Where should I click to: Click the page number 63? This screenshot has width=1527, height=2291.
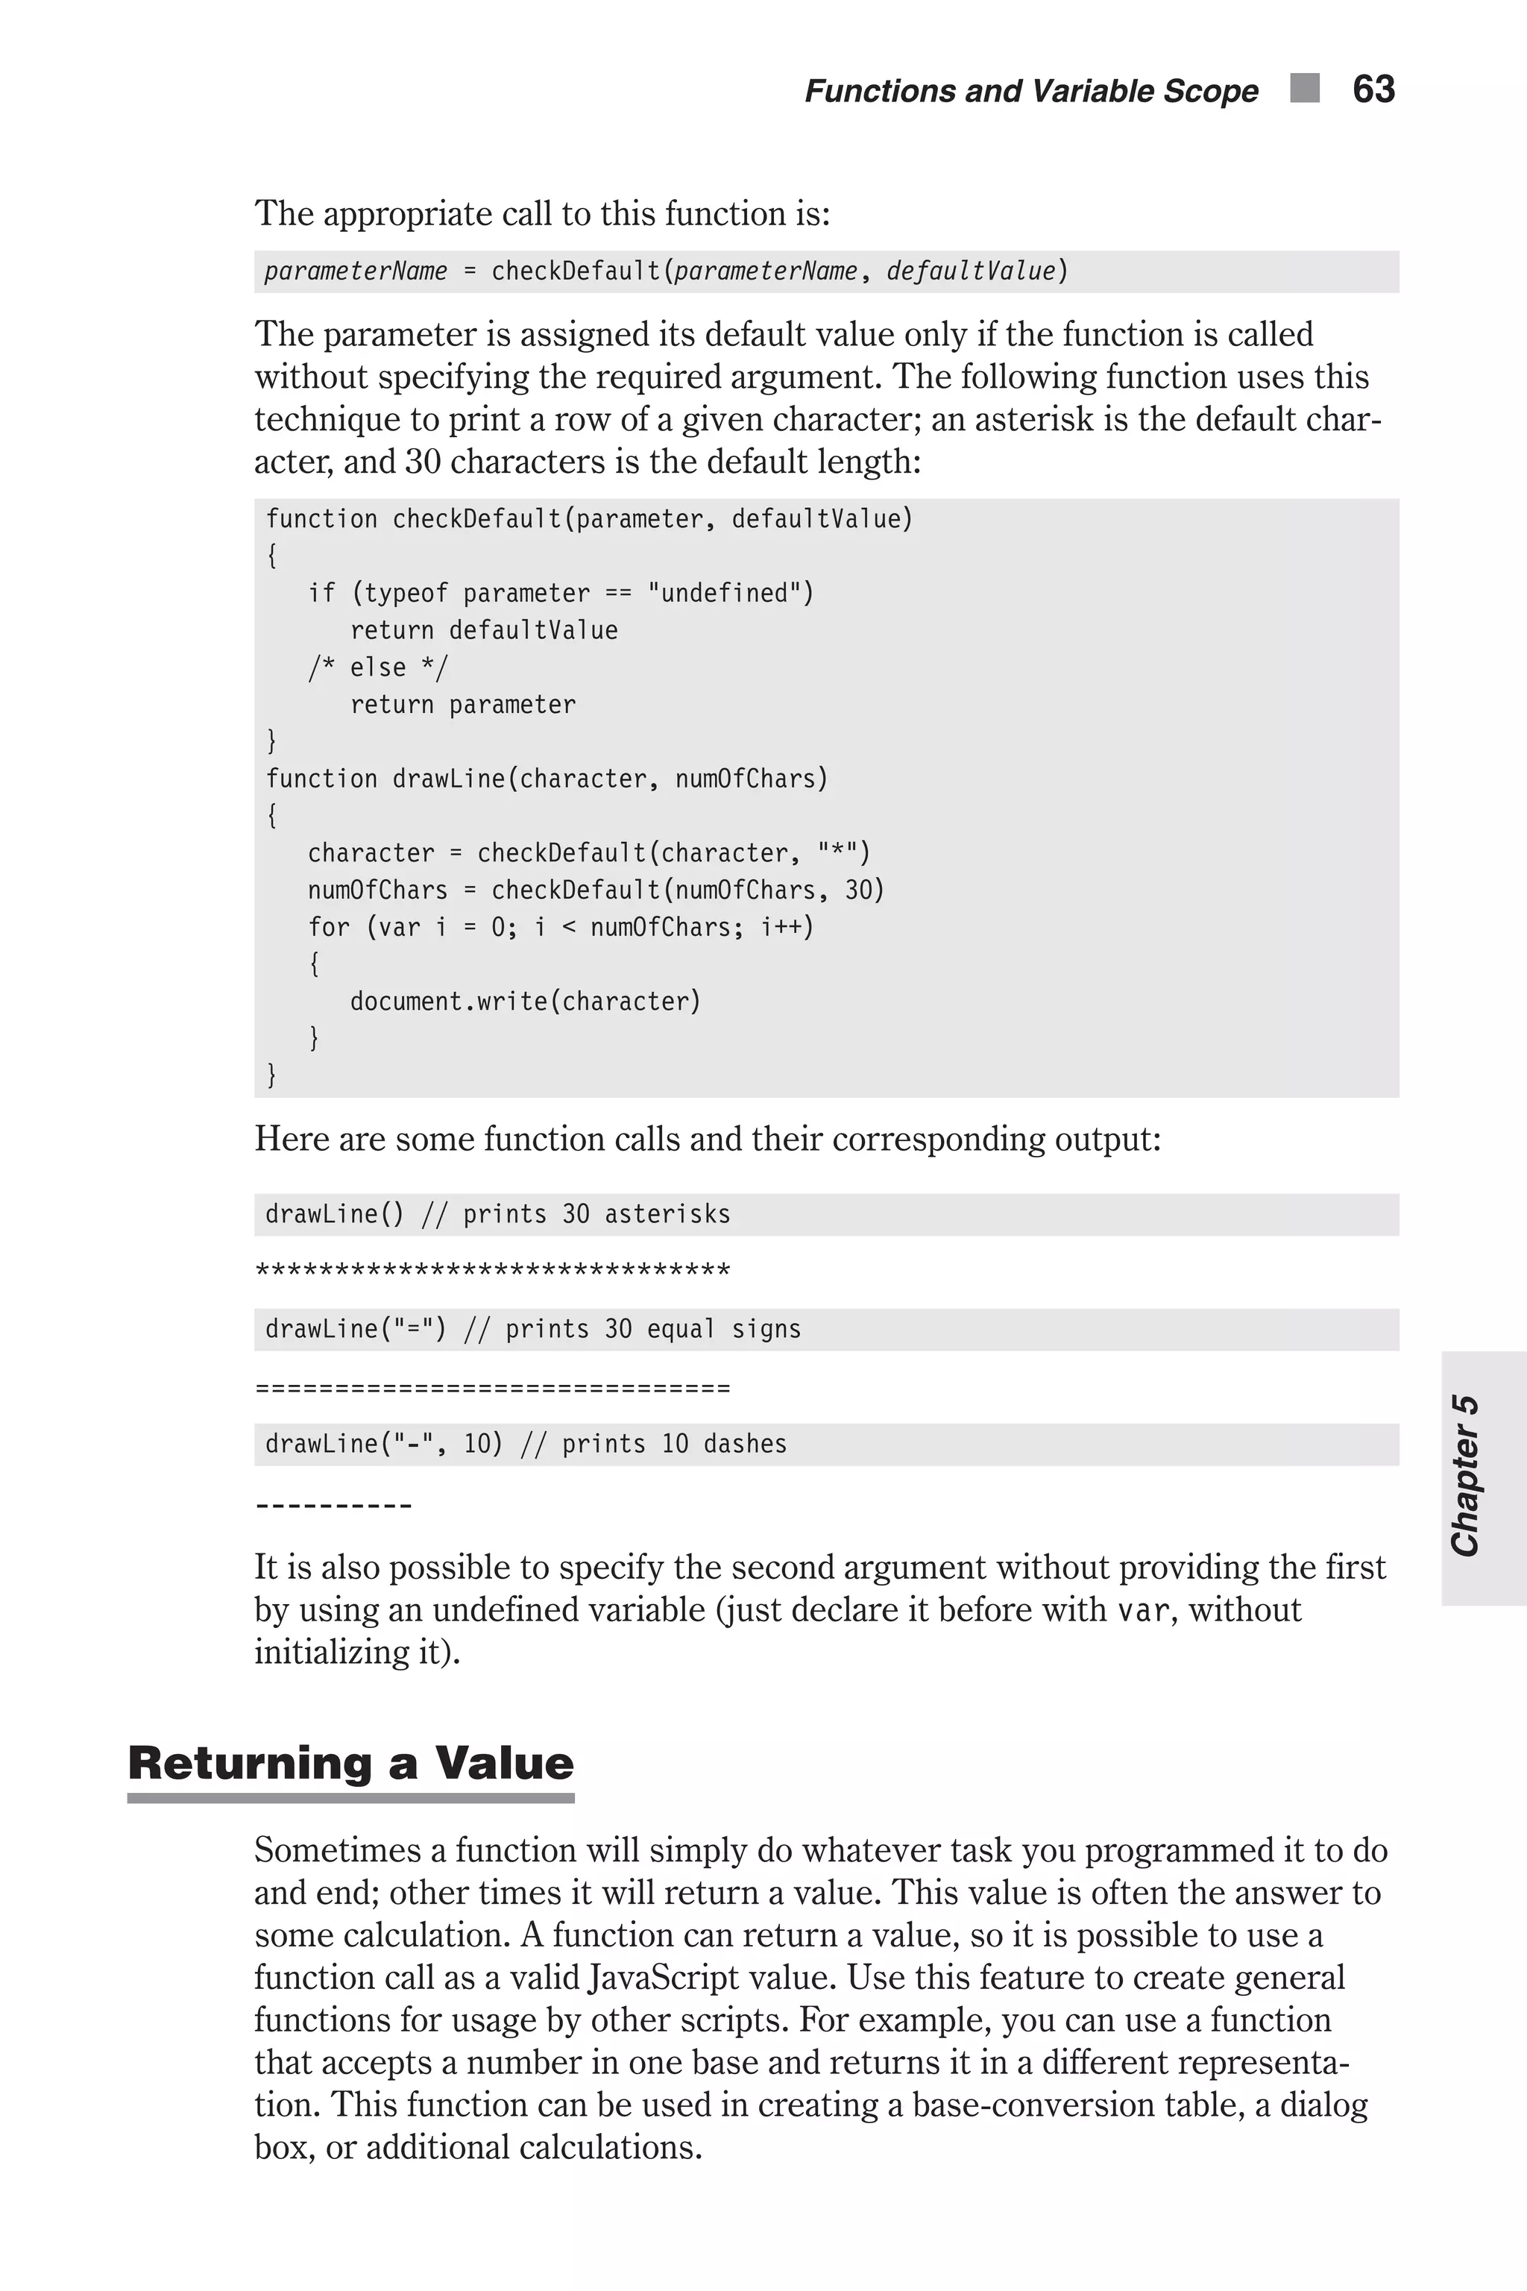(1373, 89)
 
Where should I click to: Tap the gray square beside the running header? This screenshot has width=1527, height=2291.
(1304, 88)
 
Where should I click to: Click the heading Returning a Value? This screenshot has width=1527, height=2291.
(350, 1763)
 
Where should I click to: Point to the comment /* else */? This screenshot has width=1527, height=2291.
(378, 668)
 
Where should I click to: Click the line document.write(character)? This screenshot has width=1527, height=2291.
(525, 1002)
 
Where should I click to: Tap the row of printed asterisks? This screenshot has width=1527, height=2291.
(492, 1271)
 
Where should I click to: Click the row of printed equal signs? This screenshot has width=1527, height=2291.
(492, 1387)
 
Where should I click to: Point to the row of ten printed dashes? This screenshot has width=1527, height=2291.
(333, 1505)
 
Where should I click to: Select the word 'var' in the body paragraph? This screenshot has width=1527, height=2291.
(1142, 1611)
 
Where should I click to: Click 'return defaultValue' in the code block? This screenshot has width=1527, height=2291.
(484, 630)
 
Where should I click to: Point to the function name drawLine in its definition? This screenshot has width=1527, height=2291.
(449, 779)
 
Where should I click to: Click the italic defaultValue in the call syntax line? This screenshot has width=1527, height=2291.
(970, 271)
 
